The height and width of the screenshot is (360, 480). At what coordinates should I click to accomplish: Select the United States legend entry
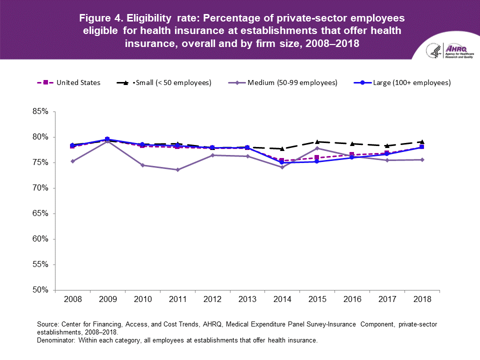(78, 82)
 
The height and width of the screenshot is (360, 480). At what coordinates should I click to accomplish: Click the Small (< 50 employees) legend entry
(182, 82)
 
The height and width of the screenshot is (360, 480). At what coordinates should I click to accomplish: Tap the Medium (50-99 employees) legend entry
(292, 82)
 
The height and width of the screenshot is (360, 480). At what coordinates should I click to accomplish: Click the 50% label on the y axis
(37, 290)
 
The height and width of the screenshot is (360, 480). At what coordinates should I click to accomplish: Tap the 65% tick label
(37, 213)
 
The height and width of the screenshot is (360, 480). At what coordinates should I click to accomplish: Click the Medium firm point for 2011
(177, 169)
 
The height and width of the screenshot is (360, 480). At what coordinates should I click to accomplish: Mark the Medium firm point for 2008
(72, 161)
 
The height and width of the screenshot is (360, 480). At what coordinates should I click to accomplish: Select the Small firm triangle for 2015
(317, 141)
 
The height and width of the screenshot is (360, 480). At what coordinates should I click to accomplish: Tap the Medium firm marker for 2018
(421, 159)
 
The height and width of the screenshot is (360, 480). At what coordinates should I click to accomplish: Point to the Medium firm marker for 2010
(142, 165)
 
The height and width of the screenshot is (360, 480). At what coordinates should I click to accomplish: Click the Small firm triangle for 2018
(421, 141)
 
